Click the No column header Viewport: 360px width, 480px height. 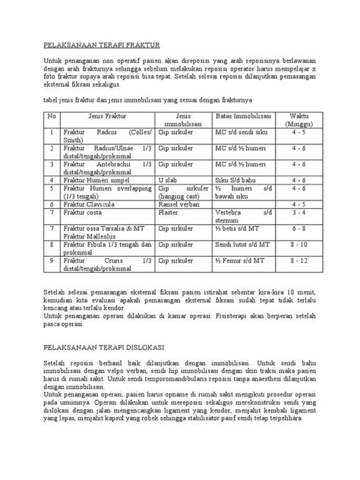tap(52, 115)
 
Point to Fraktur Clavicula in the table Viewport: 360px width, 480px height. tap(94, 204)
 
